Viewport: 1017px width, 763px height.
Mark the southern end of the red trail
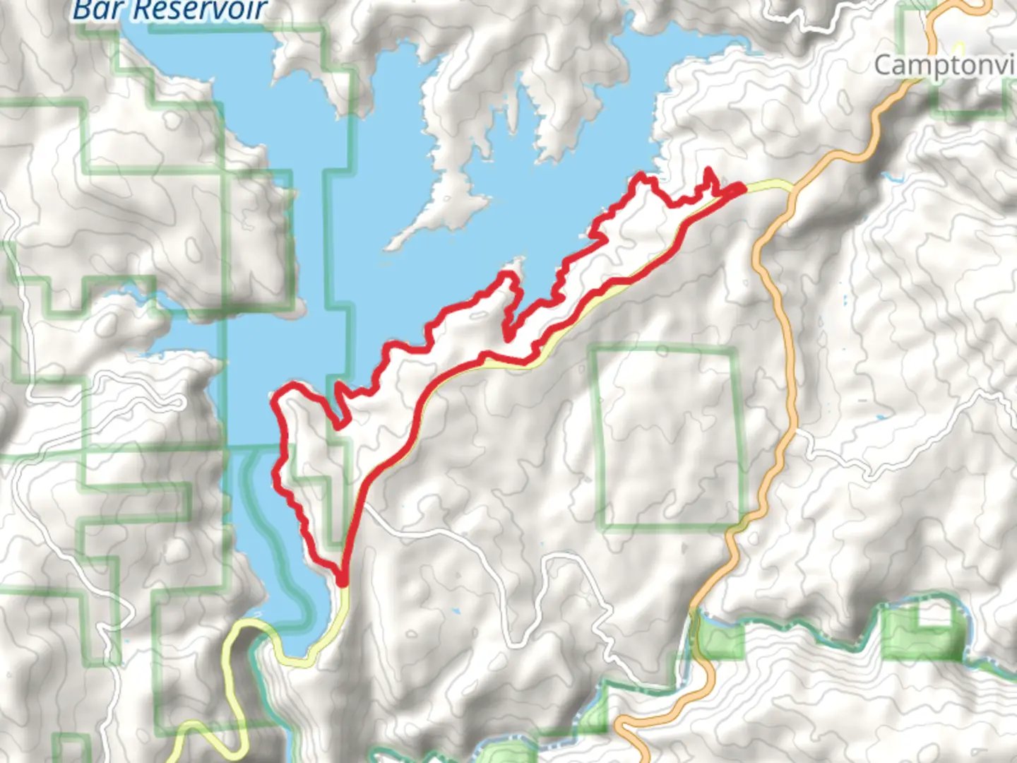[343, 581]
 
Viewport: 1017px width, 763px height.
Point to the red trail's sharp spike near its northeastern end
[708, 171]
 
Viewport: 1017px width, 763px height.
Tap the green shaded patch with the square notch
[911, 636]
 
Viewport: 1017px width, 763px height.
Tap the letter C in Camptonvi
[884, 66]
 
